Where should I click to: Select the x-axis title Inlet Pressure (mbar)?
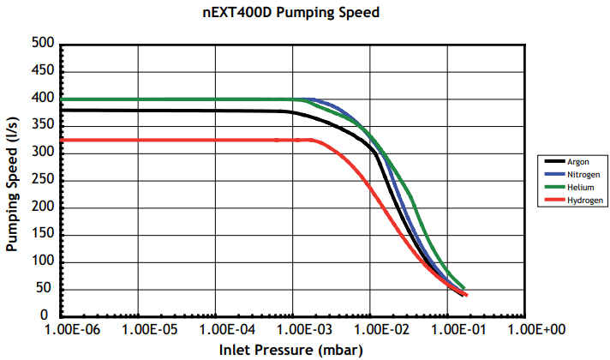(x=290, y=350)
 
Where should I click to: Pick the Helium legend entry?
(x=579, y=186)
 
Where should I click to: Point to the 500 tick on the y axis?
(x=43, y=44)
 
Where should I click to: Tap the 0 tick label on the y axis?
(x=51, y=316)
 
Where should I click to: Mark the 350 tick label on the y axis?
(x=43, y=126)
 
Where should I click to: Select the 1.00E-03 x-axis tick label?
(x=294, y=329)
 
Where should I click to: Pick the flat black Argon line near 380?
(x=171, y=110)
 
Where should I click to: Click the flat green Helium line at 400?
(x=171, y=99)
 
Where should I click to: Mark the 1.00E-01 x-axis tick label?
(x=448, y=329)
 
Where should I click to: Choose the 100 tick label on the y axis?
(x=43, y=262)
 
